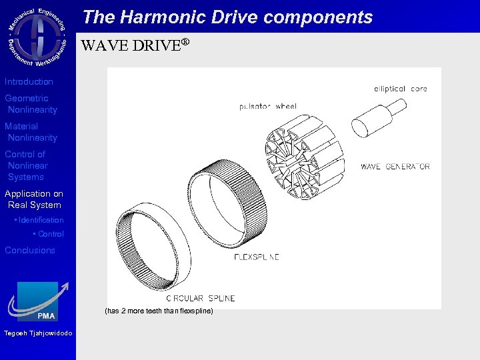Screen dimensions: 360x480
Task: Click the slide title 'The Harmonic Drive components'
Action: pos(227,17)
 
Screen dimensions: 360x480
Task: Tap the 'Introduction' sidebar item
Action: pos(29,81)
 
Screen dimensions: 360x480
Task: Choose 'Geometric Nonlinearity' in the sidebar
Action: pos(31,104)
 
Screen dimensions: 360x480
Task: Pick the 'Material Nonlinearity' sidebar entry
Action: pos(31,132)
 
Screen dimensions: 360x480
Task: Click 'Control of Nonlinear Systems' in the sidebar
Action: pos(26,165)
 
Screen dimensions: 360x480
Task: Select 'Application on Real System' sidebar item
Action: pos(33,199)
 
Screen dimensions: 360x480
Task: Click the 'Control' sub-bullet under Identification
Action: pos(51,234)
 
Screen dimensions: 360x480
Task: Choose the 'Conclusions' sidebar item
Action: pos(30,250)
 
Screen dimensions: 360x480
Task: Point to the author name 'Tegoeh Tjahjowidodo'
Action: pos(38,333)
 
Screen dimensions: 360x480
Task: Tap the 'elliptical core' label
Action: pos(400,89)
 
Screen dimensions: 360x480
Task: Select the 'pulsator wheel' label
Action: pos(267,107)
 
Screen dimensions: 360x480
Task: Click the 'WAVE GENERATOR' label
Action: pos(395,167)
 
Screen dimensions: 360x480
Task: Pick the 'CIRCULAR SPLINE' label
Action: pos(200,298)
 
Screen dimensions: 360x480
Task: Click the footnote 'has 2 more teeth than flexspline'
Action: pos(159,311)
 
